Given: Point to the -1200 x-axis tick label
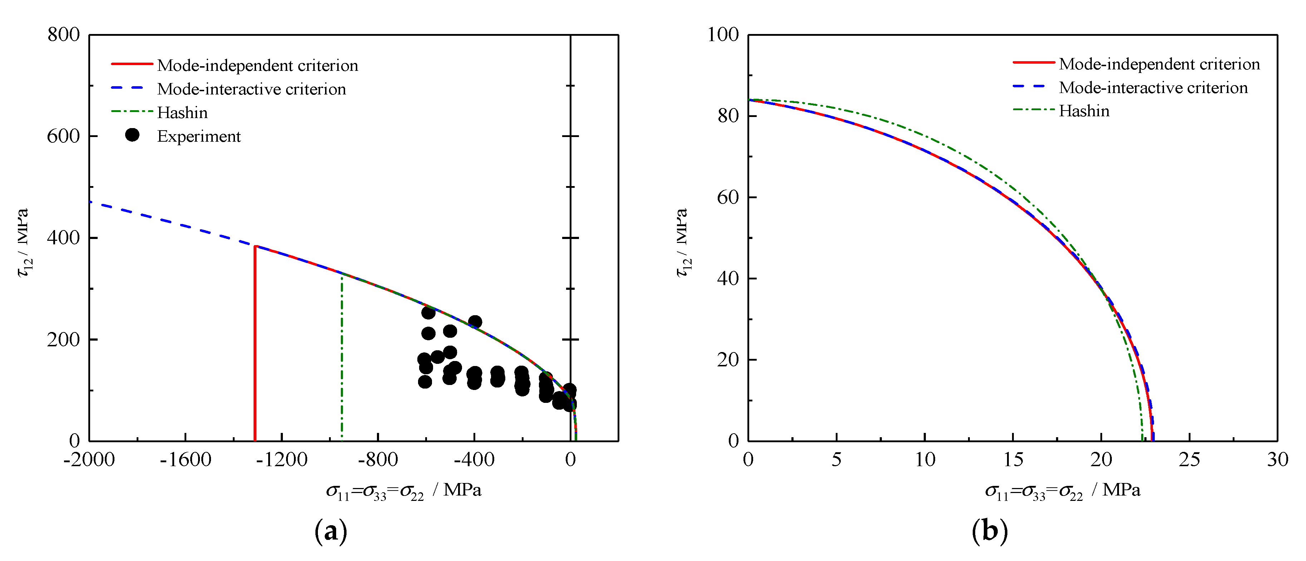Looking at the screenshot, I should [281, 459].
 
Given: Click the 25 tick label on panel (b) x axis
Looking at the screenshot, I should [1189, 459].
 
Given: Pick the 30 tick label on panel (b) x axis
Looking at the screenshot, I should [1277, 459].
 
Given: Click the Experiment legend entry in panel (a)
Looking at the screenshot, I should [199, 136].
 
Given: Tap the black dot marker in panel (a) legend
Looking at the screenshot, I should [132, 135].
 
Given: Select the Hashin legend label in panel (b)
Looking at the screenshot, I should [1084, 111].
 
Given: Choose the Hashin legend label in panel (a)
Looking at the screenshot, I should [182, 113].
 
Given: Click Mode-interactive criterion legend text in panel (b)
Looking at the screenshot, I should [1153, 88].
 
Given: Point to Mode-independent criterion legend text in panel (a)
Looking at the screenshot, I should [257, 65].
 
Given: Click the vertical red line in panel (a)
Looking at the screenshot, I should [255, 345].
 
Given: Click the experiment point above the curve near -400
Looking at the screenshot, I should [475, 322].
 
